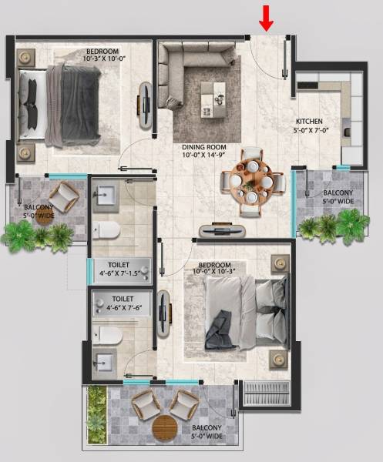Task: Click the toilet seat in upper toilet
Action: [x=107, y=229]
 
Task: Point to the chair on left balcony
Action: [x=63, y=196]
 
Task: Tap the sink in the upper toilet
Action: [x=109, y=192]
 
